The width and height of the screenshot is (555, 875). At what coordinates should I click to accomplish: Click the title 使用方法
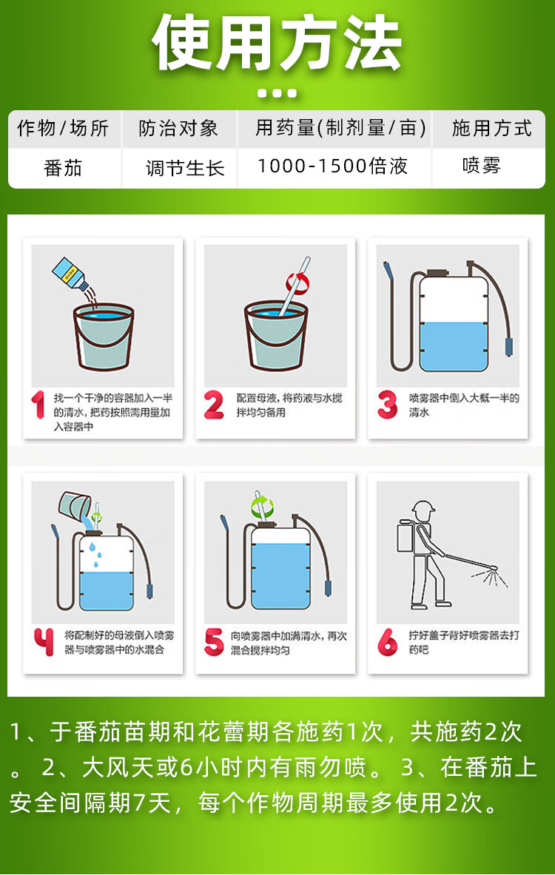(277, 44)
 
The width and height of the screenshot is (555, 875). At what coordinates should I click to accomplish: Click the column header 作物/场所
(63, 129)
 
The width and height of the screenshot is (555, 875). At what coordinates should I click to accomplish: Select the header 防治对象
(178, 129)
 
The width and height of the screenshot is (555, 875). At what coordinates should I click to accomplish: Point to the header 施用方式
(491, 129)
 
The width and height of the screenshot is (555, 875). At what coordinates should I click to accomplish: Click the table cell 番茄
(63, 167)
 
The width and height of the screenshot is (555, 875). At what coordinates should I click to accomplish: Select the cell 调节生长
(185, 167)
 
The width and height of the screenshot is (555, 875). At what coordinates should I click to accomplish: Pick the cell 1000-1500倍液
(333, 166)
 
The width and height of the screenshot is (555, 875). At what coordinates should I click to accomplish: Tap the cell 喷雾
(482, 166)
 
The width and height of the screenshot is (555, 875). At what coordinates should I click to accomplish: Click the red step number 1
(38, 405)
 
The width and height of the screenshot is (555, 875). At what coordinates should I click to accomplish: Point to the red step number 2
(214, 405)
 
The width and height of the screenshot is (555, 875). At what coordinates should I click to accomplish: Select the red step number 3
(387, 405)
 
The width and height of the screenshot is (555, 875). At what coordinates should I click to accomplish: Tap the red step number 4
(44, 642)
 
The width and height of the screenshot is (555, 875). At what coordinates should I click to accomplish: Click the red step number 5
(214, 642)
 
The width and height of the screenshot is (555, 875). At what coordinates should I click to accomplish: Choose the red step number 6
(387, 642)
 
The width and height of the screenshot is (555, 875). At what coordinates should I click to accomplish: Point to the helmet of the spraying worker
(423, 507)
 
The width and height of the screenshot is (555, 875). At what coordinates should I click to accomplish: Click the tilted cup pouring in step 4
(75, 505)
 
